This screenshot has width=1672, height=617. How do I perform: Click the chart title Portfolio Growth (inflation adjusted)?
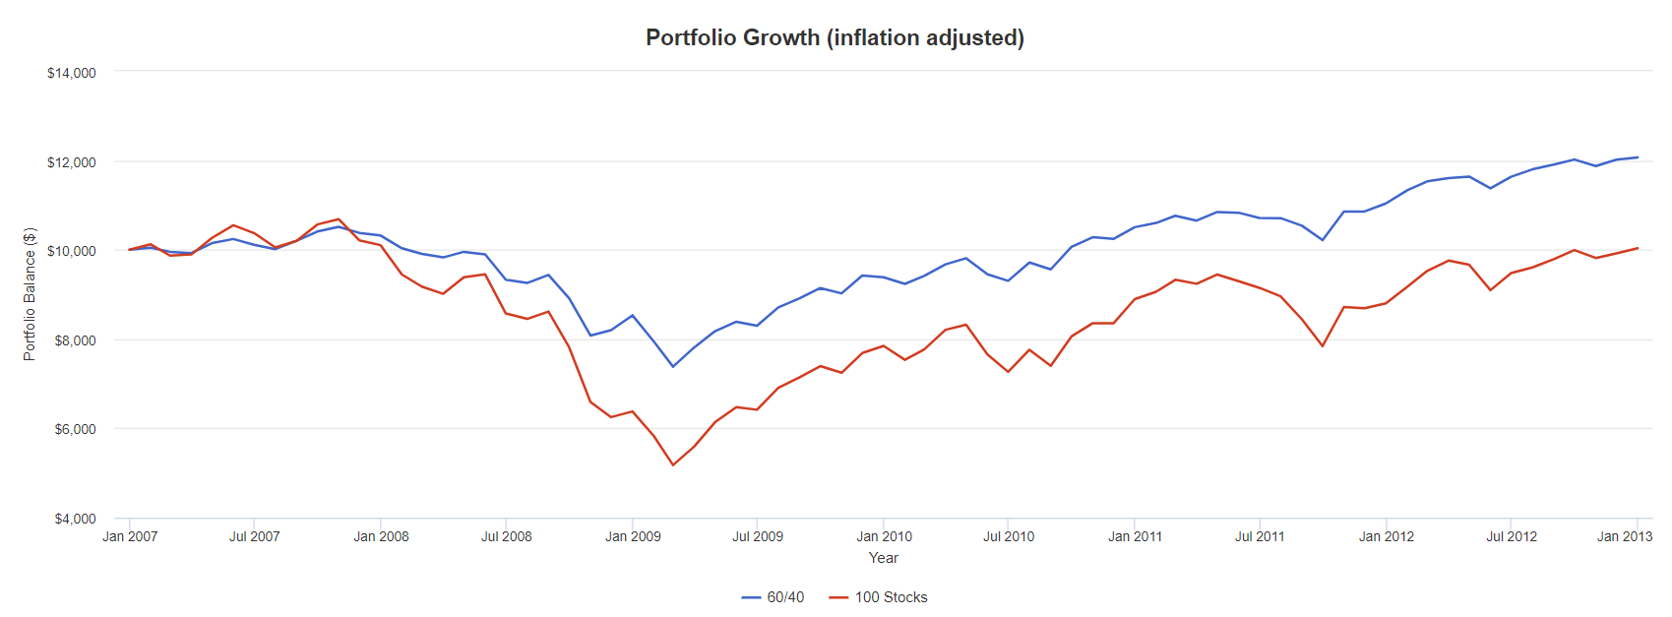[x=835, y=37]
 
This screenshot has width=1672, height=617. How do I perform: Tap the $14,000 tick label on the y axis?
[x=72, y=73]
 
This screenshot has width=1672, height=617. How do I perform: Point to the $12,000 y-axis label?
[x=72, y=162]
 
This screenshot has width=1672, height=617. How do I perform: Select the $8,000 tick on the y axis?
[x=75, y=340]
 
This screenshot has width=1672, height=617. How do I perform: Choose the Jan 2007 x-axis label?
[x=130, y=536]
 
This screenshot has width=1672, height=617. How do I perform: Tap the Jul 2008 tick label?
[x=506, y=536]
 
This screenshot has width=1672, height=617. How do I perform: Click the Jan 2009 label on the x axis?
[x=633, y=536]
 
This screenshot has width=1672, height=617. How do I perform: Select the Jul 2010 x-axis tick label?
[x=1009, y=536]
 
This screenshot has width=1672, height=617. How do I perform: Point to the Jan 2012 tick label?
[x=1386, y=536]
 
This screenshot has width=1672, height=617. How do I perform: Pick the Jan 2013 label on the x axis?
[x=1624, y=536]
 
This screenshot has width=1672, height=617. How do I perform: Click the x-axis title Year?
[x=883, y=558]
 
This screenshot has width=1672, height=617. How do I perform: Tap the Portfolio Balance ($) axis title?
[x=30, y=294]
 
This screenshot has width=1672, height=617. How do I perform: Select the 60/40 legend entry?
[x=774, y=597]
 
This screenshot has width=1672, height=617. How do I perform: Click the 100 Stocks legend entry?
[x=879, y=597]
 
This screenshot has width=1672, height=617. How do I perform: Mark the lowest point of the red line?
[x=673, y=464]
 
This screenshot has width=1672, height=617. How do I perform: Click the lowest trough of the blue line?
[x=673, y=366]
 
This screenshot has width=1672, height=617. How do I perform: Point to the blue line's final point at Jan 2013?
[x=1638, y=157]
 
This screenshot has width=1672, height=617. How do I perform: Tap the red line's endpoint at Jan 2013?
[x=1638, y=248]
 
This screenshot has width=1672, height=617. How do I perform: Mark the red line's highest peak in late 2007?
[x=339, y=219]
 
